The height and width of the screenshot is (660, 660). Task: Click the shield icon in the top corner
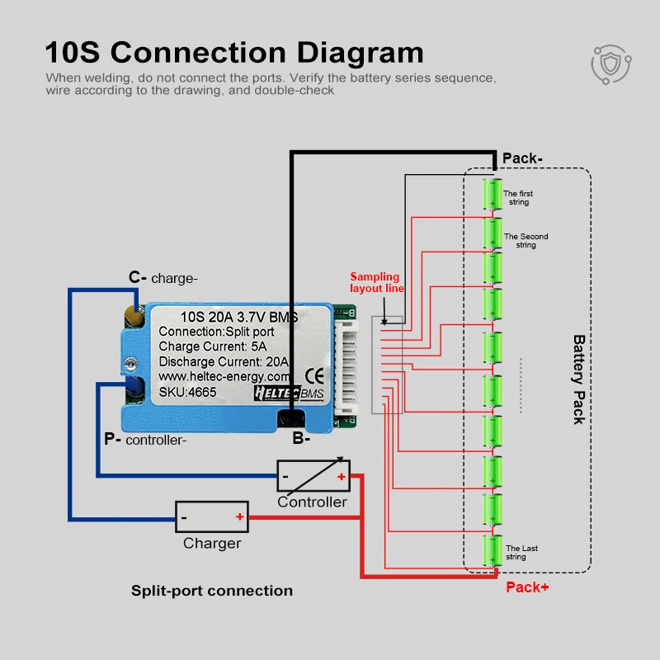pyautogui.click(x=610, y=64)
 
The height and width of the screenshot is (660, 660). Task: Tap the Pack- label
pyautogui.click(x=522, y=158)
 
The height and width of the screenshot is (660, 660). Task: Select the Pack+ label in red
pyautogui.click(x=527, y=587)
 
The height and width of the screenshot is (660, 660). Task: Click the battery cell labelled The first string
pyautogui.click(x=492, y=194)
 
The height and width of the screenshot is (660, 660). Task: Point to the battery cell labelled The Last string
pyautogui.click(x=492, y=550)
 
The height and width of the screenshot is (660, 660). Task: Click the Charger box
pyautogui.click(x=212, y=517)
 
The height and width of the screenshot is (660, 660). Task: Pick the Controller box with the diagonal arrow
pyautogui.click(x=313, y=476)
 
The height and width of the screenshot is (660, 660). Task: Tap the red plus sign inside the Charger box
pyautogui.click(x=239, y=516)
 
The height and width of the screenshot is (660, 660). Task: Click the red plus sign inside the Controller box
pyautogui.click(x=342, y=477)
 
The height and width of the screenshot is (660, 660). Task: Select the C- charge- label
pyautogui.click(x=163, y=278)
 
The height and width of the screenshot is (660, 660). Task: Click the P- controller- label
pyautogui.click(x=145, y=440)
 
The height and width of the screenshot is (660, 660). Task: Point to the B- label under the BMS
pyautogui.click(x=301, y=438)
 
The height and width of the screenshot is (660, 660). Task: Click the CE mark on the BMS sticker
pyautogui.click(x=314, y=376)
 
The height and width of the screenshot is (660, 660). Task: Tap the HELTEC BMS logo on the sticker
pyautogui.click(x=290, y=394)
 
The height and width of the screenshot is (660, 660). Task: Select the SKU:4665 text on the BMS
pyautogui.click(x=187, y=393)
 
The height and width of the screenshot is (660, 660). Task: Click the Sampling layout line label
pyautogui.click(x=377, y=282)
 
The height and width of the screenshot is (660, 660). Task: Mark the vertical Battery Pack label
pyautogui.click(x=579, y=379)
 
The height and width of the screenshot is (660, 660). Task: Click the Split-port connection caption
pyautogui.click(x=212, y=591)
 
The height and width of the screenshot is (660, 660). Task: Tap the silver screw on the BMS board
pyautogui.click(x=131, y=363)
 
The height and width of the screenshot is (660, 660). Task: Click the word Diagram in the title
pyautogui.click(x=360, y=53)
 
